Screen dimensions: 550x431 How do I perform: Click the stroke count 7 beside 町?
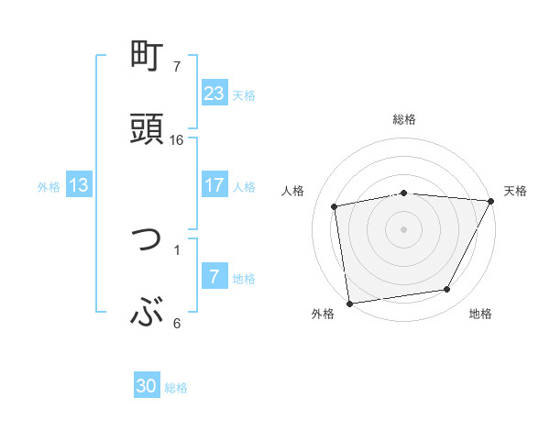click(x=177, y=67)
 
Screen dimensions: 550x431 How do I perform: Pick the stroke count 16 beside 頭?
click(x=177, y=139)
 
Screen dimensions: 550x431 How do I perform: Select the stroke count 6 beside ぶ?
click(x=177, y=323)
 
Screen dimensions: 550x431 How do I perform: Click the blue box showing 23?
click(x=214, y=93)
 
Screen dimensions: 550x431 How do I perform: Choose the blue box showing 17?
click(x=214, y=185)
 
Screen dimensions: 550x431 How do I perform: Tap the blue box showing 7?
click(x=214, y=277)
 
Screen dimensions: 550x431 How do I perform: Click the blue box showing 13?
click(x=79, y=185)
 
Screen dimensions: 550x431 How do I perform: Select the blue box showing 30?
click(x=147, y=386)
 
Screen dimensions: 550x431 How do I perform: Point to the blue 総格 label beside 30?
click(x=176, y=388)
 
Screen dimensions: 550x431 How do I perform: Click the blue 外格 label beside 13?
click(x=49, y=187)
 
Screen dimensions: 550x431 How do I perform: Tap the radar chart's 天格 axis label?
click(x=515, y=191)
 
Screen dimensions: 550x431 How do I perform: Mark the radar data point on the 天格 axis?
click(x=490, y=201)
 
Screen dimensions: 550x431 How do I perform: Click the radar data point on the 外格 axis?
click(x=349, y=302)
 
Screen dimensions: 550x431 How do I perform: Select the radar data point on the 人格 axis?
click(x=335, y=206)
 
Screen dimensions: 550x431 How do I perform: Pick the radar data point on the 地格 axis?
click(x=447, y=290)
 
